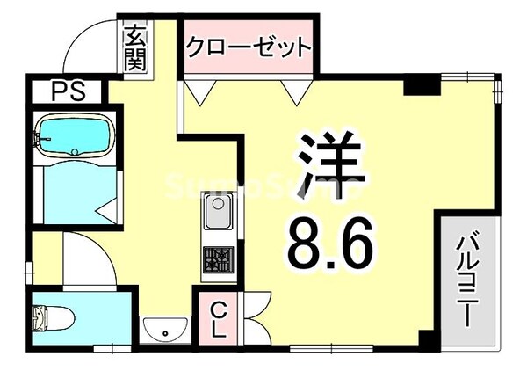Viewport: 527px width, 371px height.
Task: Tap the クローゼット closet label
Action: (249, 47)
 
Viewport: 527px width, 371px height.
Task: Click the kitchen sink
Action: (217, 214)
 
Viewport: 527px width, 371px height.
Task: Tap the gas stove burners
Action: (217, 258)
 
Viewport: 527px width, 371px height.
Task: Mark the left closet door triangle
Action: (199, 89)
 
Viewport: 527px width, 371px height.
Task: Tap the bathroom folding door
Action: (108, 207)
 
